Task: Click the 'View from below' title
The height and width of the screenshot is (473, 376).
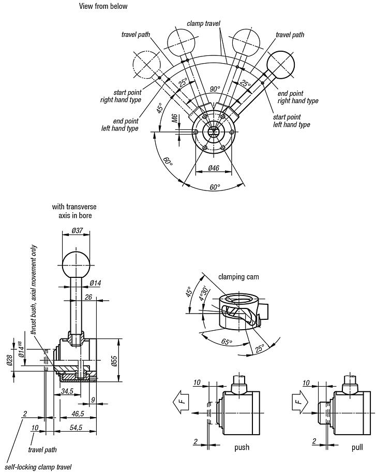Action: (103, 6)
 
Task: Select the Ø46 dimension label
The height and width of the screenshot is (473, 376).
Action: (214, 168)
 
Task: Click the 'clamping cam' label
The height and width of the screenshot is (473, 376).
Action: (238, 277)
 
